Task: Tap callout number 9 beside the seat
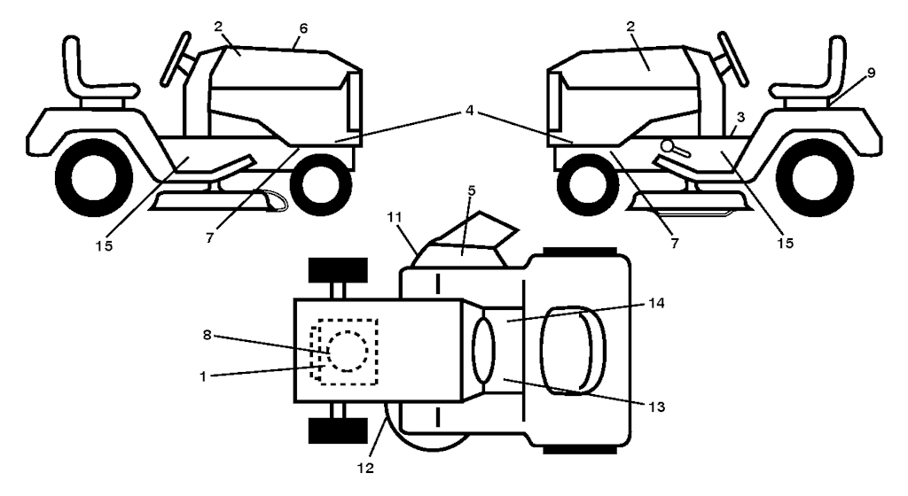871,73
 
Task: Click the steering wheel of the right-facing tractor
181,53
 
